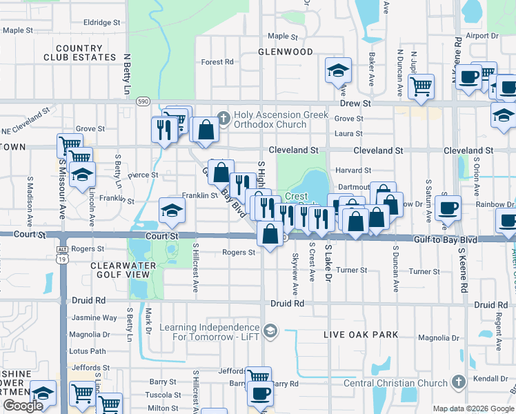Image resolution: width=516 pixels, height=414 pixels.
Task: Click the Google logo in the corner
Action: click(x=22, y=406)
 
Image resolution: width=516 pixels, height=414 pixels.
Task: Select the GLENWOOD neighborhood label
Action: click(x=286, y=52)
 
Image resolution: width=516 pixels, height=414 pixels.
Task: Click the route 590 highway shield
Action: click(x=143, y=101)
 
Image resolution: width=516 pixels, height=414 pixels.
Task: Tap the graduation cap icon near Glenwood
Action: click(x=338, y=72)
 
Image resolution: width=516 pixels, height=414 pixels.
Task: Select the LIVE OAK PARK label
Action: click(x=361, y=335)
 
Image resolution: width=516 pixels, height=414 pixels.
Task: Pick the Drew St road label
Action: click(x=355, y=103)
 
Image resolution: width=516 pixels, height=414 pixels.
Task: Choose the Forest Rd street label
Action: click(x=217, y=62)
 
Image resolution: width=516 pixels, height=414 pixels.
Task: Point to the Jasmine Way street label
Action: click(x=95, y=318)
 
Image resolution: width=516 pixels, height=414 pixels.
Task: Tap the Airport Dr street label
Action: click(x=482, y=36)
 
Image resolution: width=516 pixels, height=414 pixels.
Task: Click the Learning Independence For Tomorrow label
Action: click(x=211, y=332)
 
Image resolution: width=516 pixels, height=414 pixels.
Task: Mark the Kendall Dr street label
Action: click(x=491, y=379)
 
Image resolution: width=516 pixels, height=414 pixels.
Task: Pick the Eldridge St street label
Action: click(x=101, y=23)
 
